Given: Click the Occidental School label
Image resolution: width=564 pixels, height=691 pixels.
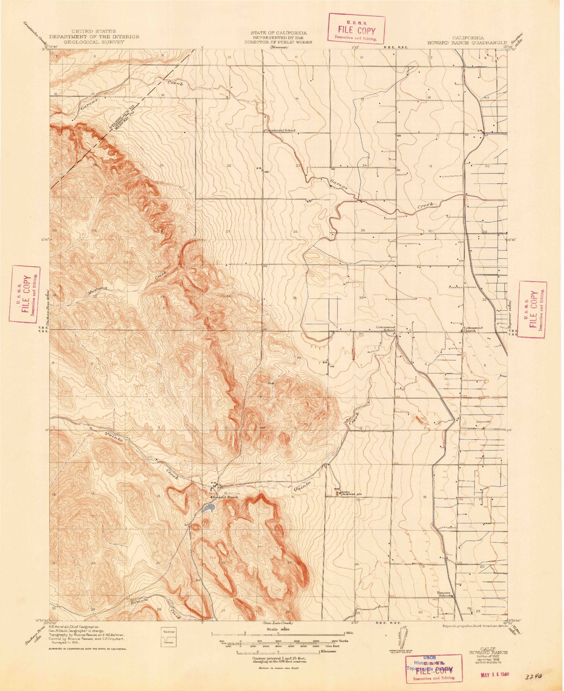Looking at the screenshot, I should point(281,130).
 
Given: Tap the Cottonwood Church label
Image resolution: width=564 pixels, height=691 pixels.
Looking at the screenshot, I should point(473,329).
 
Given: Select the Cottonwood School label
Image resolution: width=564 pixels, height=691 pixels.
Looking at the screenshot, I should point(386,329).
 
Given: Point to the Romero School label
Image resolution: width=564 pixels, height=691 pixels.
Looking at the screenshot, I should point(445,594).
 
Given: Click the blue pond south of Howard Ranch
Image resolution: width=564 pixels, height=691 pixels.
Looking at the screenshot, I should point(208,508).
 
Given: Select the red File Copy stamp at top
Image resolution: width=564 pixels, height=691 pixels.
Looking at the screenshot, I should point(356,28).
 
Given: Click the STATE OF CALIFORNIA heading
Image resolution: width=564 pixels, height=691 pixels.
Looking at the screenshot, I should point(278,33).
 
